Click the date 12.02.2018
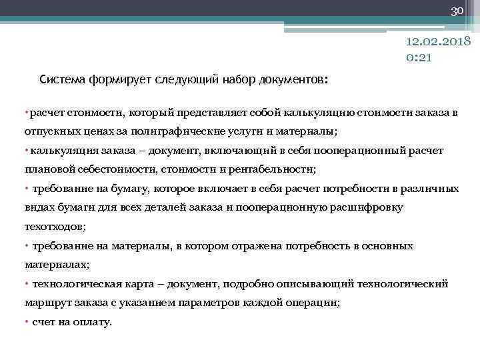point(439,43)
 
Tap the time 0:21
point(419,58)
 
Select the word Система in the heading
point(61,79)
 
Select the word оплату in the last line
point(95,322)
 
